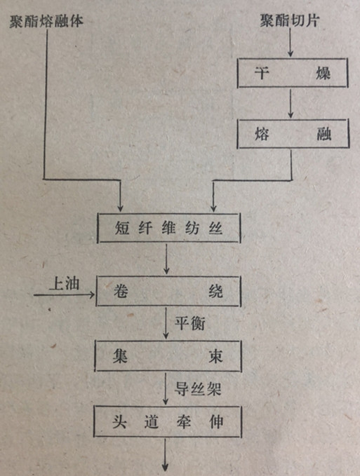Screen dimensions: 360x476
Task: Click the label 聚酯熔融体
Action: pyautogui.click(x=46, y=22)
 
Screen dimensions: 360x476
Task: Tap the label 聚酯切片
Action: pyautogui.click(x=290, y=20)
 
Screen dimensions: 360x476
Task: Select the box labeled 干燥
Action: pyautogui.click(x=293, y=73)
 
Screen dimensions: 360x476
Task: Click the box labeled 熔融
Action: pyautogui.click(x=293, y=134)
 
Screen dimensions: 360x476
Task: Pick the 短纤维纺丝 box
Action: pyautogui.click(x=169, y=228)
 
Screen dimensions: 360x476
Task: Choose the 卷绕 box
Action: pyautogui.click(x=168, y=291)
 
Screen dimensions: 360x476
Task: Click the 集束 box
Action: pyautogui.click(x=168, y=356)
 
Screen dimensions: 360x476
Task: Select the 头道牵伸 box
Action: pyautogui.click(x=168, y=421)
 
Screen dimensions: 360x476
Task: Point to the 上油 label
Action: pyautogui.click(x=65, y=284)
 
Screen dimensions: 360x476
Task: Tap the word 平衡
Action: pyautogui.click(x=190, y=322)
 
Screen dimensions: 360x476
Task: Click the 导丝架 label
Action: pyautogui.click(x=197, y=388)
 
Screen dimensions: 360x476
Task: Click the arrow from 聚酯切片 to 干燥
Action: pyautogui.click(x=291, y=42)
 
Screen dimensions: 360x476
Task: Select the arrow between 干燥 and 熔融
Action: pyautogui.click(x=291, y=103)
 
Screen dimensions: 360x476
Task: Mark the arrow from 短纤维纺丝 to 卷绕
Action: pyautogui.click(x=166, y=259)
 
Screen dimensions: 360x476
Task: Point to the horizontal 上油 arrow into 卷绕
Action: pyautogui.click(x=64, y=294)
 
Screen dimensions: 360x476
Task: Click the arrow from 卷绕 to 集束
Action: pyautogui.click(x=166, y=323)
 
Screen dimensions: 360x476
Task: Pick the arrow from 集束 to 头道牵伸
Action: pyautogui.click(x=166, y=388)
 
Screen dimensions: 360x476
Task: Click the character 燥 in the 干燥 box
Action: pyautogui.click(x=323, y=73)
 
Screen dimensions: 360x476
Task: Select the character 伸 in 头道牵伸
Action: pyautogui.click(x=216, y=421)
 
